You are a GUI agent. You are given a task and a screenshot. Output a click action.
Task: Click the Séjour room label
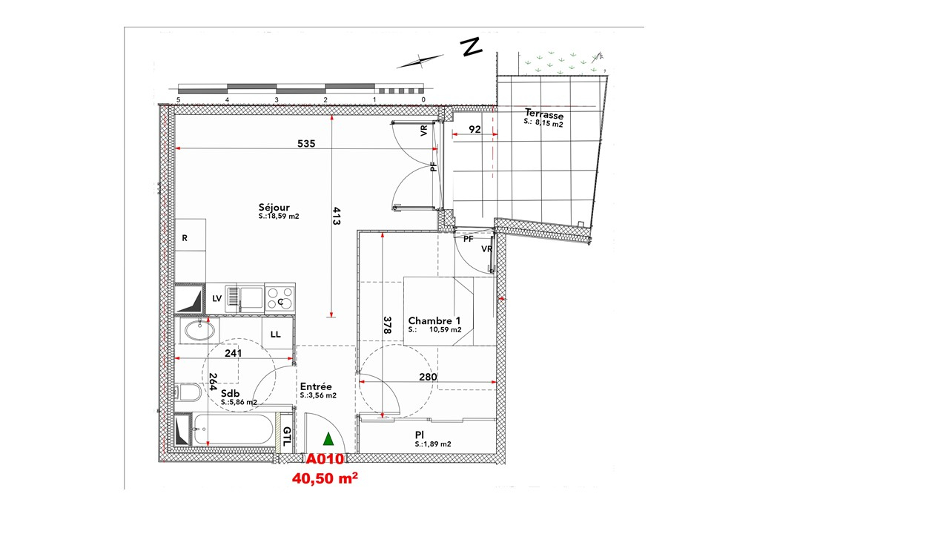point(274,207)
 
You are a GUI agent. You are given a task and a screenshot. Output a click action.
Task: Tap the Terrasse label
point(544,114)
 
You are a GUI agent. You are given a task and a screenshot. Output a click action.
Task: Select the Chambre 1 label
point(434,321)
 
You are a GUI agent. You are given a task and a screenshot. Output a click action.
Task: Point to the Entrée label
point(316,386)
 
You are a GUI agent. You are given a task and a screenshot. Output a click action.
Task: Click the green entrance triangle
point(328,439)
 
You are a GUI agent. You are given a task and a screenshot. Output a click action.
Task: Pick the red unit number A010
point(325,459)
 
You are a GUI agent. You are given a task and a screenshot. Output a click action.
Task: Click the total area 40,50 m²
point(325,478)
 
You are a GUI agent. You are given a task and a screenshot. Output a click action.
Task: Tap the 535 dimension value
point(306,144)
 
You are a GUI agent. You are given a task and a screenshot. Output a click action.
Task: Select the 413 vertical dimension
point(337,216)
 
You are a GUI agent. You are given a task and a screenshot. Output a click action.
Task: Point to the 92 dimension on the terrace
point(474,129)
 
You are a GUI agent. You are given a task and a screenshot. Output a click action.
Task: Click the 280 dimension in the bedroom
point(428,377)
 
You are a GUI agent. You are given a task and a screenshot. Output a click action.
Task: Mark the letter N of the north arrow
point(472,47)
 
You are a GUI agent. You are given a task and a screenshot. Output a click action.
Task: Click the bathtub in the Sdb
point(233,429)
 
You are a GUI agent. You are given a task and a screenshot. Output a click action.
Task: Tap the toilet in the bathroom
point(188,392)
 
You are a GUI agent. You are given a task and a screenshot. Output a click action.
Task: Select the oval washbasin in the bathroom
point(199,331)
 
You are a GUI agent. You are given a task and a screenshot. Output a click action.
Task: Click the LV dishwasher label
point(217,298)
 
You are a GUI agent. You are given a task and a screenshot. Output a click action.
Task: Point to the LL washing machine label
point(275,334)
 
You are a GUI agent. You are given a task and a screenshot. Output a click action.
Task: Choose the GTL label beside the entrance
point(287,437)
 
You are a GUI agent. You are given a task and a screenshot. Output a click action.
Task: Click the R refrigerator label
point(185,238)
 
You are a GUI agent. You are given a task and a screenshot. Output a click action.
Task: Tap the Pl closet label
point(420,435)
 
